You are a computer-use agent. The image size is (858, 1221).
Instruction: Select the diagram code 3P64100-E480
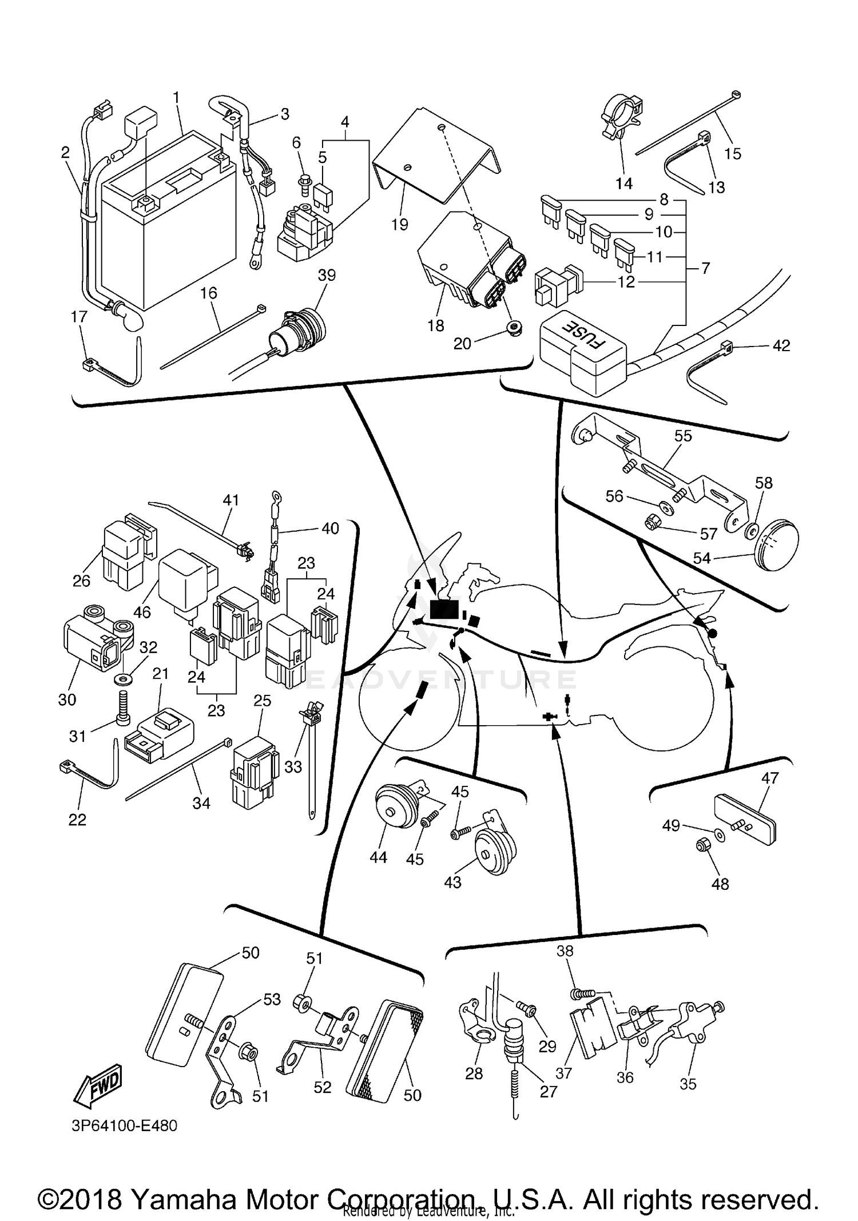(124, 1125)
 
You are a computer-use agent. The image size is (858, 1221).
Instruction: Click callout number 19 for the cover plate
(400, 224)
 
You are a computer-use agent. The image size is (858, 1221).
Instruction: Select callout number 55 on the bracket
(683, 436)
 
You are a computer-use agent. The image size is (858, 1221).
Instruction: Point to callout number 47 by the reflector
(770, 778)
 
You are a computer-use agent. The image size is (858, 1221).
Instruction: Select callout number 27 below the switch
(548, 1091)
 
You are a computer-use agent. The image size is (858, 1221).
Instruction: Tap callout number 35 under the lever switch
(688, 1084)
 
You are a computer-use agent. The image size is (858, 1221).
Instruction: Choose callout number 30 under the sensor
(67, 699)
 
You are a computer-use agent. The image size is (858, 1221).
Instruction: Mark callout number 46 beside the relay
(142, 612)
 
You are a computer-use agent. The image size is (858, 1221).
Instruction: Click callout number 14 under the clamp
(624, 183)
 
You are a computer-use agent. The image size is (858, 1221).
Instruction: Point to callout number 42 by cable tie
(781, 345)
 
